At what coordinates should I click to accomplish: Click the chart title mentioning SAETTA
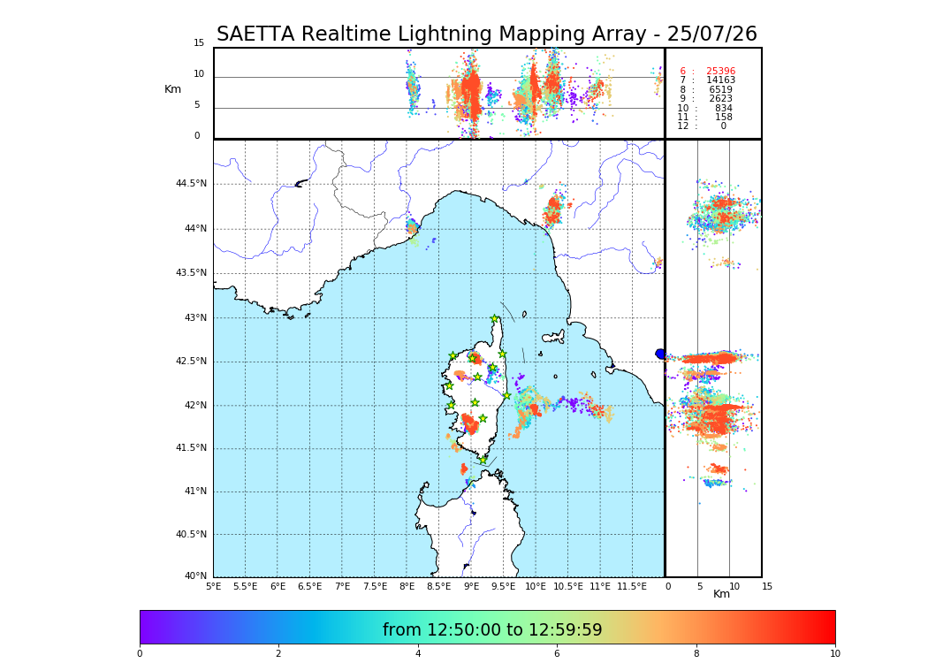click(x=487, y=34)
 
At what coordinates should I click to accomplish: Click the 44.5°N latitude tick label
click(x=191, y=184)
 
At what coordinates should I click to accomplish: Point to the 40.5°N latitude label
click(x=191, y=535)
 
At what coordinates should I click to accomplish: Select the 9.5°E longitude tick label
click(x=504, y=587)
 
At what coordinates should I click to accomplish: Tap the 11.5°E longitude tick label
click(x=632, y=587)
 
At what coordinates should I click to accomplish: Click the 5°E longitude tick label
click(x=214, y=587)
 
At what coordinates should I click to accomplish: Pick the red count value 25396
click(x=720, y=72)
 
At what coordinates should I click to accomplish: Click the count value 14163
click(x=720, y=80)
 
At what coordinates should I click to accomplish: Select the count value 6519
click(x=720, y=90)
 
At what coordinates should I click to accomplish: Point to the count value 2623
click(x=720, y=99)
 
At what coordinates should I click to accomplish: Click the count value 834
click(x=723, y=109)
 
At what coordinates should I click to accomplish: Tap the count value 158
click(x=723, y=118)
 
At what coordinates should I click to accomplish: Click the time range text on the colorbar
click(x=492, y=630)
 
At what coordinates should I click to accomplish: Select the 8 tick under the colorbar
click(x=696, y=654)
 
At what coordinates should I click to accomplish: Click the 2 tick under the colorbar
click(x=278, y=654)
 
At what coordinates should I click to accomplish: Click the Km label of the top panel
click(x=172, y=89)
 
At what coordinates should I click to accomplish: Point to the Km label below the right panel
click(x=721, y=595)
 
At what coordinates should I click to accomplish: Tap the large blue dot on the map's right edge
click(x=660, y=354)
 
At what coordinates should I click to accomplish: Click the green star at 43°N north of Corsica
click(x=495, y=319)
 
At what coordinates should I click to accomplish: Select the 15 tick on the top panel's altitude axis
click(x=199, y=43)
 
